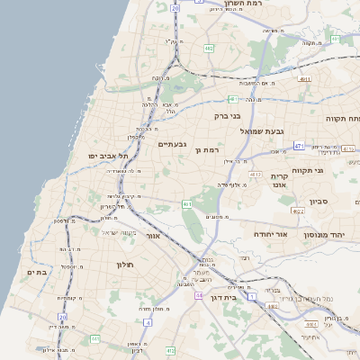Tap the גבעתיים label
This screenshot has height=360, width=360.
172,144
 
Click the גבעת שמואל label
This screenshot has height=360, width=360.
262,131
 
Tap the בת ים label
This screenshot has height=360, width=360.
36,272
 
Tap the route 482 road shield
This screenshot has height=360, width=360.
209,49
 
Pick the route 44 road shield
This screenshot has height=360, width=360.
198,294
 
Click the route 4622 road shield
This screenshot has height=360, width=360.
298,211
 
